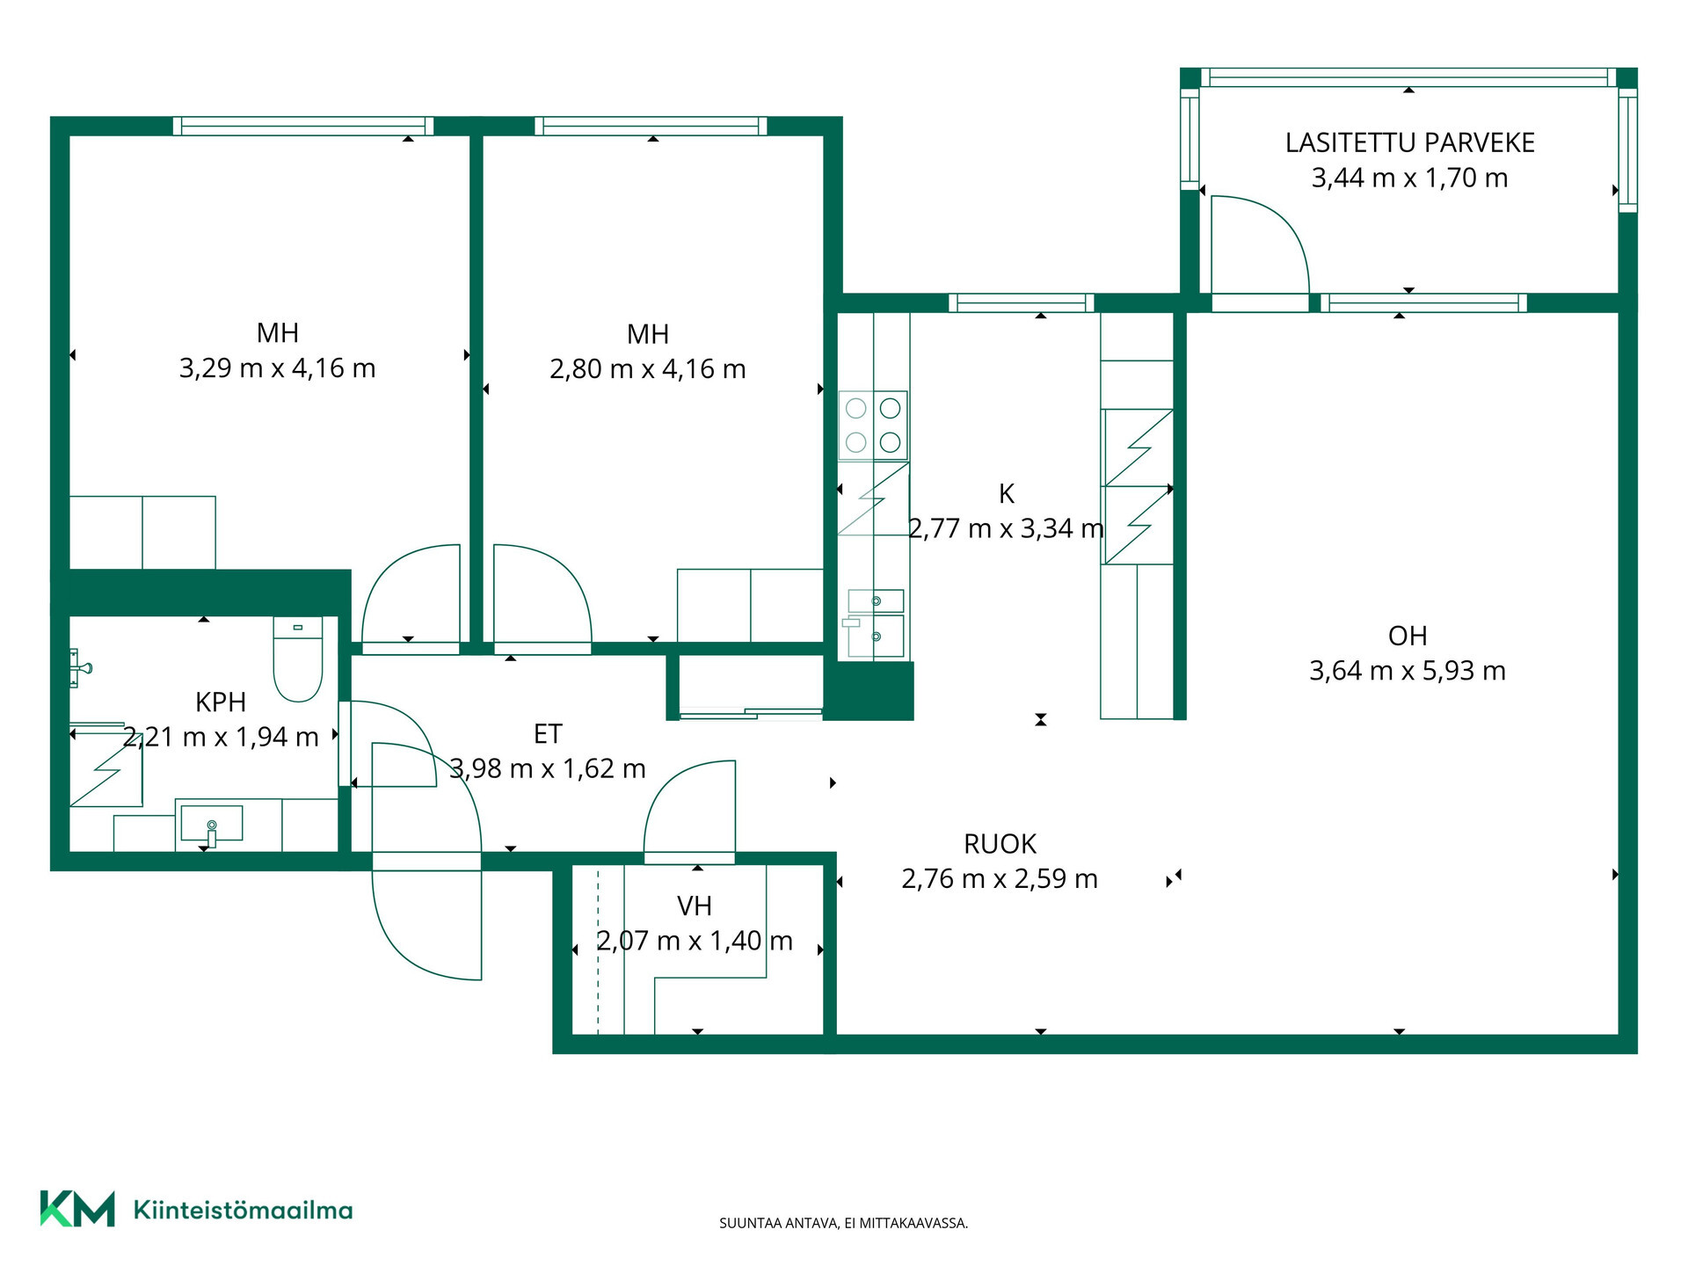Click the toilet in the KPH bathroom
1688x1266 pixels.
[x=298, y=658]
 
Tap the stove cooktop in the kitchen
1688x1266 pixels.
[x=873, y=426]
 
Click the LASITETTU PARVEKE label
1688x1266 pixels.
[x=1409, y=142]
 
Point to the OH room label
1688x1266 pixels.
[x=1407, y=636]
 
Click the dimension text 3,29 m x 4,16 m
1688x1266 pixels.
[x=278, y=367]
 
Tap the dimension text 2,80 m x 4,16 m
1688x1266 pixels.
[x=648, y=368]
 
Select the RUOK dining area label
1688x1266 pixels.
[x=1000, y=844]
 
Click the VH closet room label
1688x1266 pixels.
[x=694, y=906]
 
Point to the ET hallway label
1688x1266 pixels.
[x=548, y=733]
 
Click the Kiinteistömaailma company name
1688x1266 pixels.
[x=243, y=1210]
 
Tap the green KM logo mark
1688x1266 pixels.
[x=77, y=1209]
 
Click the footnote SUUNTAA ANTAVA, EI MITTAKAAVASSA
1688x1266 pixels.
[x=843, y=1223]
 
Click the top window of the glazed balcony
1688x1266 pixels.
[x=1408, y=77]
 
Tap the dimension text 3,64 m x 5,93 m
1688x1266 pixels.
[x=1407, y=671]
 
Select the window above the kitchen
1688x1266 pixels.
[x=1022, y=303]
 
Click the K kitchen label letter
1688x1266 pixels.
[x=1007, y=494]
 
